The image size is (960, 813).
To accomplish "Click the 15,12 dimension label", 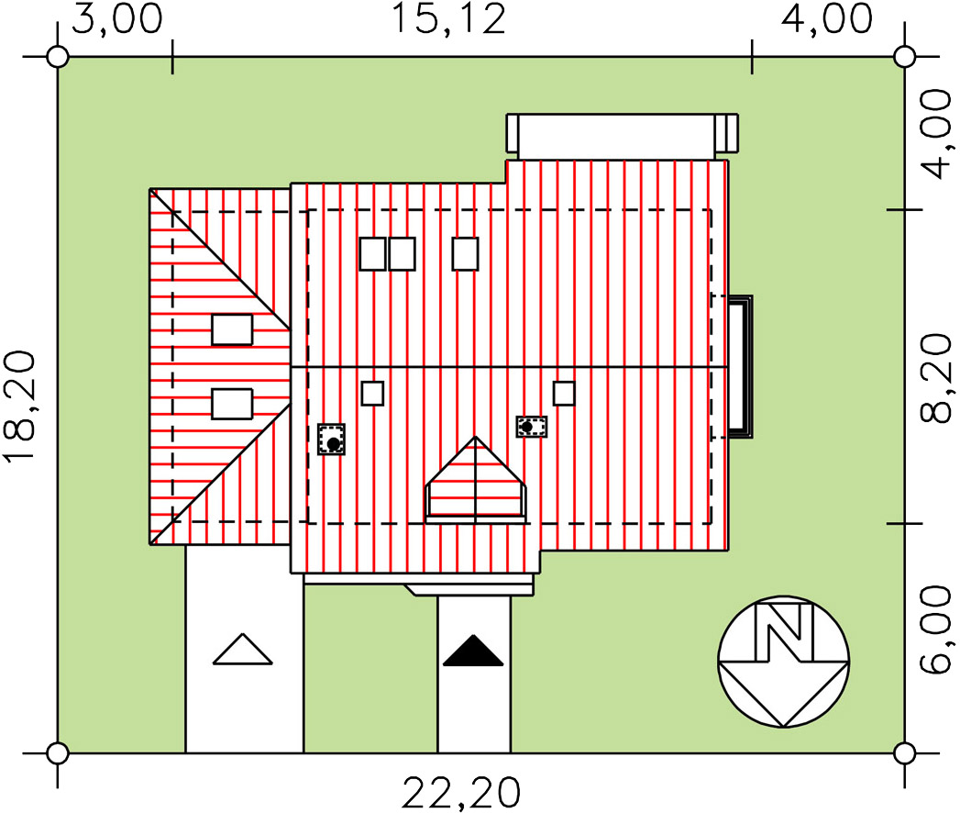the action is point(448,19).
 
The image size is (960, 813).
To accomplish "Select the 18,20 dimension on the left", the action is point(19,406).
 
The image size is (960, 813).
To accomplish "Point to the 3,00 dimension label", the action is point(117,18).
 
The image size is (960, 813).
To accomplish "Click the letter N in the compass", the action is point(784,632).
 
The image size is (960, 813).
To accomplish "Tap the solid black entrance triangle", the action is point(473,651).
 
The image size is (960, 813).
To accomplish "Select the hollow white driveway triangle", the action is point(242,649).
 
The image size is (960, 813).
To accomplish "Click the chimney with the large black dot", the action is point(331,440).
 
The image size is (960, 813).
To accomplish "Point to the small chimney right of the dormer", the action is point(532,427).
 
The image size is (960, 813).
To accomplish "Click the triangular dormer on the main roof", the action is point(476,480).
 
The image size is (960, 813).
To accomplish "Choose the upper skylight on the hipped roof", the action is point(232,329).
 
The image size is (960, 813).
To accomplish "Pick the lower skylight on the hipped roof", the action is point(232,405).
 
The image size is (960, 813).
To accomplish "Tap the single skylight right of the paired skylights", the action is point(465,253).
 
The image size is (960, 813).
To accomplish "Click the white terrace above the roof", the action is point(622,133).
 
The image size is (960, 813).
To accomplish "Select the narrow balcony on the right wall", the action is point(740,366).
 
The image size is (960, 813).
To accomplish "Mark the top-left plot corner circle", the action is point(58,57).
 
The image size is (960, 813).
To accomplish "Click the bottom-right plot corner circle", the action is point(904,753).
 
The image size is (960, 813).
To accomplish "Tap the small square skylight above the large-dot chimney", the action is point(372,394).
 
